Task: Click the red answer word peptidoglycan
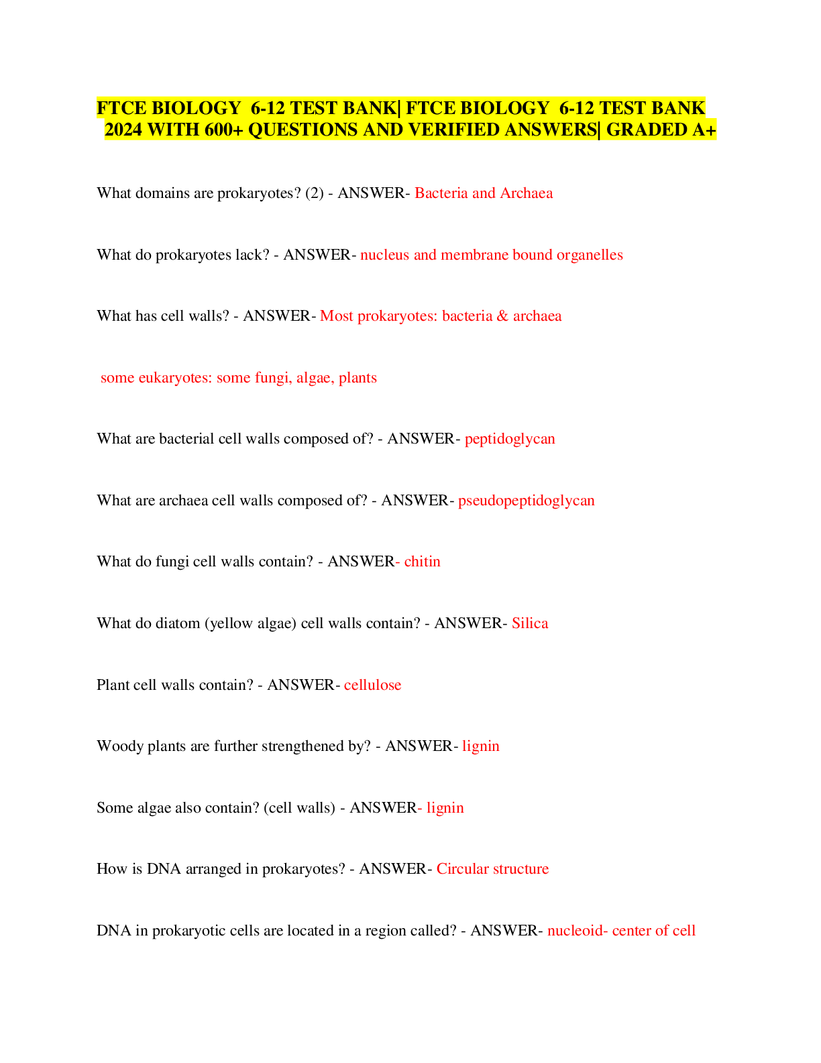pos(510,439)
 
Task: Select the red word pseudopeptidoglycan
pos(526,501)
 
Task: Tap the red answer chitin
pos(423,562)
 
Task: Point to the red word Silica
pos(530,623)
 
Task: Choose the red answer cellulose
pos(372,685)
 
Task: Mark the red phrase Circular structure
pos(492,869)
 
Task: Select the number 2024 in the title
pos(123,130)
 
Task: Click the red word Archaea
pos(527,193)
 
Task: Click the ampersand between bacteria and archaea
pos(502,316)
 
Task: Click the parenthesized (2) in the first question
pos(314,193)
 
